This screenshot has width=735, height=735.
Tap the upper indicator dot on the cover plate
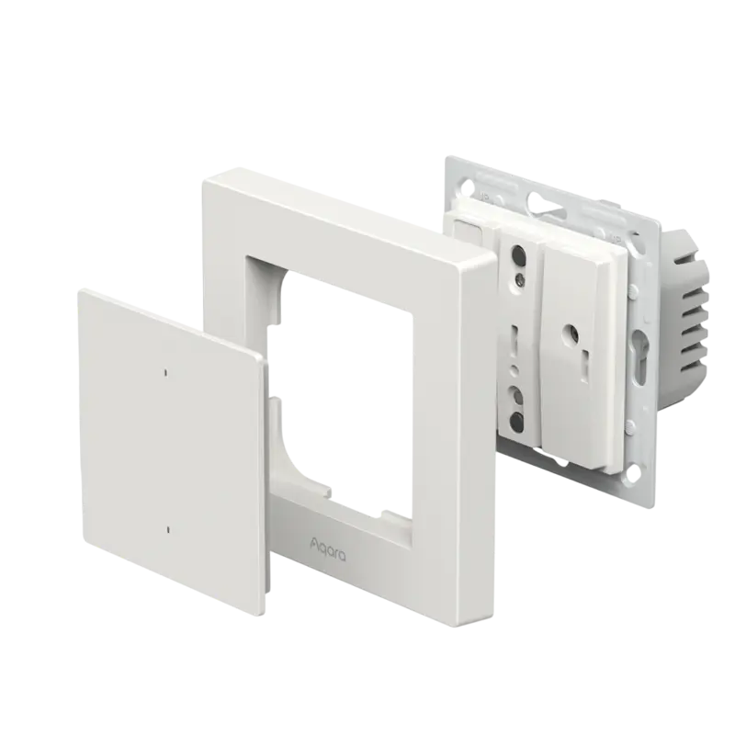pos(165,373)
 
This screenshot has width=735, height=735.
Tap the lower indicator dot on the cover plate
pos(169,528)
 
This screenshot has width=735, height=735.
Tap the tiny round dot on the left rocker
pos(516,368)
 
